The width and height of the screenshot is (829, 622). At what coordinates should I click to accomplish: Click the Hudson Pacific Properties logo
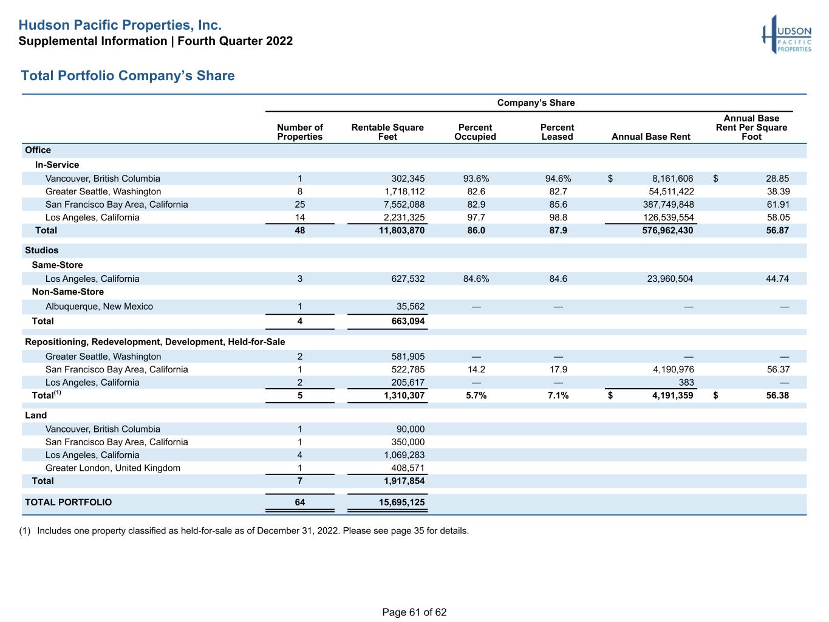click(x=786, y=35)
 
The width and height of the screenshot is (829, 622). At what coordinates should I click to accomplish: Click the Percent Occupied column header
click(x=475, y=132)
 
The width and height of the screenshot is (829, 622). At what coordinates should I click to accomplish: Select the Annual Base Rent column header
click(x=650, y=137)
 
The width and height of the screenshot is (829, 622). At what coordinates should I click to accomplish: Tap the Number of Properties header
click(x=300, y=132)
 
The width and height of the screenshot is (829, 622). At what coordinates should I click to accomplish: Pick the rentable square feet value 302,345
click(x=408, y=178)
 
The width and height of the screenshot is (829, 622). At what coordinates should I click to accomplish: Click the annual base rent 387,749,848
click(x=669, y=204)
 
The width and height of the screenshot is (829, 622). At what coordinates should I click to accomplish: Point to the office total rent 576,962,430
click(x=667, y=230)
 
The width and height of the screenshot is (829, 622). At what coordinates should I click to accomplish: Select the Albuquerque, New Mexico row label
click(x=99, y=306)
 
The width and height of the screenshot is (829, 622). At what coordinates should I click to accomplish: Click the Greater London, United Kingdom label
click(x=113, y=468)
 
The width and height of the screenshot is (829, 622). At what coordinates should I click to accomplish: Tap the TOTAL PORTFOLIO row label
click(x=69, y=502)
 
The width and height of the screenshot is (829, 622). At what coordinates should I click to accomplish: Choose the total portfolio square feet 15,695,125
click(x=402, y=502)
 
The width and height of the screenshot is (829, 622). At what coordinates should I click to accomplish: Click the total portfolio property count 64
click(x=300, y=502)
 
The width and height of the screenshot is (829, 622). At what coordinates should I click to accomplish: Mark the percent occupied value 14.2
click(x=476, y=369)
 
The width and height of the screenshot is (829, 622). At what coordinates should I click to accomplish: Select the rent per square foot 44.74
click(x=777, y=279)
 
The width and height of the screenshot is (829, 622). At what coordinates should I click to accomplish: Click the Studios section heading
click(x=41, y=250)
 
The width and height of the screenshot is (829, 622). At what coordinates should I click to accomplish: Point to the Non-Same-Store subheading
click(x=67, y=292)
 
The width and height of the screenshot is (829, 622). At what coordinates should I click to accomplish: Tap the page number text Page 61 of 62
click(x=414, y=612)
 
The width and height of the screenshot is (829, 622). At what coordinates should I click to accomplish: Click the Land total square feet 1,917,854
click(x=404, y=480)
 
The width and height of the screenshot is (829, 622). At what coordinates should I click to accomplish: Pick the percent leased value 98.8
click(x=558, y=217)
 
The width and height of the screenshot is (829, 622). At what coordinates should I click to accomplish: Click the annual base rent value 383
click(x=686, y=382)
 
